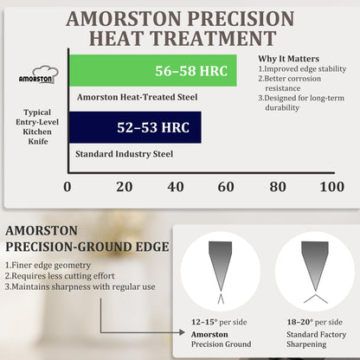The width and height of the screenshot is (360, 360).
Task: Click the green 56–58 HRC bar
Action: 153,70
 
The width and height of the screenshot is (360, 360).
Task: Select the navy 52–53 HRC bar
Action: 135,127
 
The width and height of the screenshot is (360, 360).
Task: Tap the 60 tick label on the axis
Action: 226,187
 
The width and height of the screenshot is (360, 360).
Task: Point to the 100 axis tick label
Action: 331,187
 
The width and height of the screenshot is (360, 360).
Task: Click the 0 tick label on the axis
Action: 67,187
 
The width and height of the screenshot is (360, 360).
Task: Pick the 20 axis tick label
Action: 125,187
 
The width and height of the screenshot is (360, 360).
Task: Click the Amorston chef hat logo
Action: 39,74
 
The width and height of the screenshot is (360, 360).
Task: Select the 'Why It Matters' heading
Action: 289,59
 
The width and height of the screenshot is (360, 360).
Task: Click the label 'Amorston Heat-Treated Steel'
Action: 138,97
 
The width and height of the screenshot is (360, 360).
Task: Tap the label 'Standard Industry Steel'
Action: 125,154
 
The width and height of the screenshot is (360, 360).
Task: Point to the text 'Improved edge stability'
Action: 305,69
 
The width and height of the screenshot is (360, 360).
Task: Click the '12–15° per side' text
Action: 219,322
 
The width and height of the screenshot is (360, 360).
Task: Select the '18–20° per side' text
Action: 315,322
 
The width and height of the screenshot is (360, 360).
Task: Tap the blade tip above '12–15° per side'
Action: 221,290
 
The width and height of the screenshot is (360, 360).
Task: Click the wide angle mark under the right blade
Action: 316,299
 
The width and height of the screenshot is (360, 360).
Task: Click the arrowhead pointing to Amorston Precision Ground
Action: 182,332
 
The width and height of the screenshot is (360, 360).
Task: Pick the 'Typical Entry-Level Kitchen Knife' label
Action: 37,126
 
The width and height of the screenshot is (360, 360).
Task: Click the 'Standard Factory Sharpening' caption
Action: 316,339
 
